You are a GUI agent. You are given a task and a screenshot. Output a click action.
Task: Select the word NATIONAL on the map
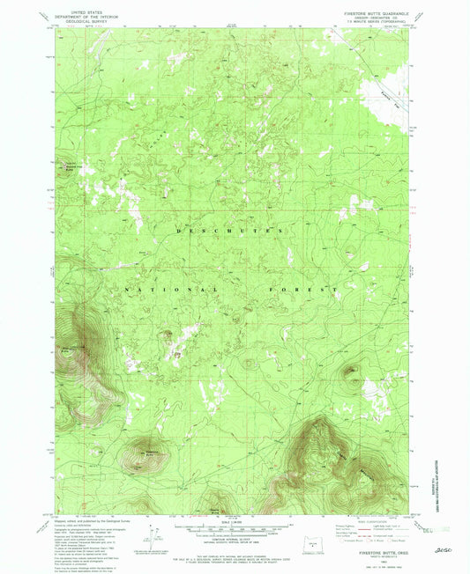click(168, 290)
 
